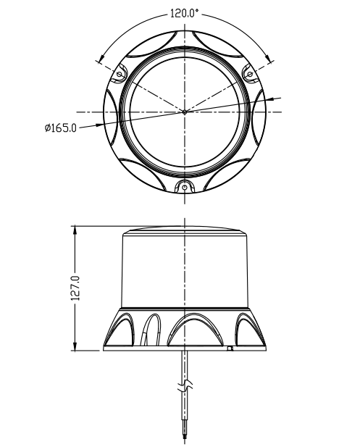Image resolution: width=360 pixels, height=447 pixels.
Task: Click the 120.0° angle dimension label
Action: (x=184, y=13)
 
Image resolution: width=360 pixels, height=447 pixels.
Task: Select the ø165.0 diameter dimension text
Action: (x=61, y=128)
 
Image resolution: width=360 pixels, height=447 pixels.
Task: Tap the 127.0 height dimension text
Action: (x=75, y=288)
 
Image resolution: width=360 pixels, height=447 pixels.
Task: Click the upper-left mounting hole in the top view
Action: (x=120, y=74)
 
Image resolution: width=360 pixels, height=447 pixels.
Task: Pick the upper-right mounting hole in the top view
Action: (x=250, y=75)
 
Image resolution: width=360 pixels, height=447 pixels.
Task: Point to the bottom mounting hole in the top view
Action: (x=185, y=187)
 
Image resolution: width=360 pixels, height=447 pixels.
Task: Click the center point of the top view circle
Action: (x=185, y=112)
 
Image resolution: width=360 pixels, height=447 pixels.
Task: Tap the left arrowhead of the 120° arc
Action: (x=101, y=57)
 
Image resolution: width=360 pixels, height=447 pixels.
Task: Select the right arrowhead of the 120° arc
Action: (x=268, y=57)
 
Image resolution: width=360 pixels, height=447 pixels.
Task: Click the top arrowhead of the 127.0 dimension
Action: (x=75, y=230)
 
